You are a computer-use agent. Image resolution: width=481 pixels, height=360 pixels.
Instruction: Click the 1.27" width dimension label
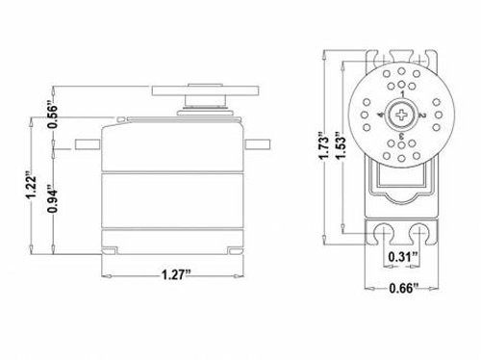[176, 275]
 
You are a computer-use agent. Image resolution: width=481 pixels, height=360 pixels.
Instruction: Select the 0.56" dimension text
[53, 115]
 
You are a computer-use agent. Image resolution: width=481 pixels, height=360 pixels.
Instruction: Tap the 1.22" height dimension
[32, 187]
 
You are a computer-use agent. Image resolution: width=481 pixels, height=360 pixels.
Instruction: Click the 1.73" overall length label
[324, 145]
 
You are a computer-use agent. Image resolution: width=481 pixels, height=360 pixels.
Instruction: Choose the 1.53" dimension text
[342, 145]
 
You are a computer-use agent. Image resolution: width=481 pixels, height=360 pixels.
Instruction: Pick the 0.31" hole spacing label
[403, 257]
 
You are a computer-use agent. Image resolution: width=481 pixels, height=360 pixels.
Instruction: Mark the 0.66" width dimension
[404, 288]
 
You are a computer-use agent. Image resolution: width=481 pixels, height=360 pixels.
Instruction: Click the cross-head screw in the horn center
[401, 115]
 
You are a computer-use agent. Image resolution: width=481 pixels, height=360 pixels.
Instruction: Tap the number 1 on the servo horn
[402, 93]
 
